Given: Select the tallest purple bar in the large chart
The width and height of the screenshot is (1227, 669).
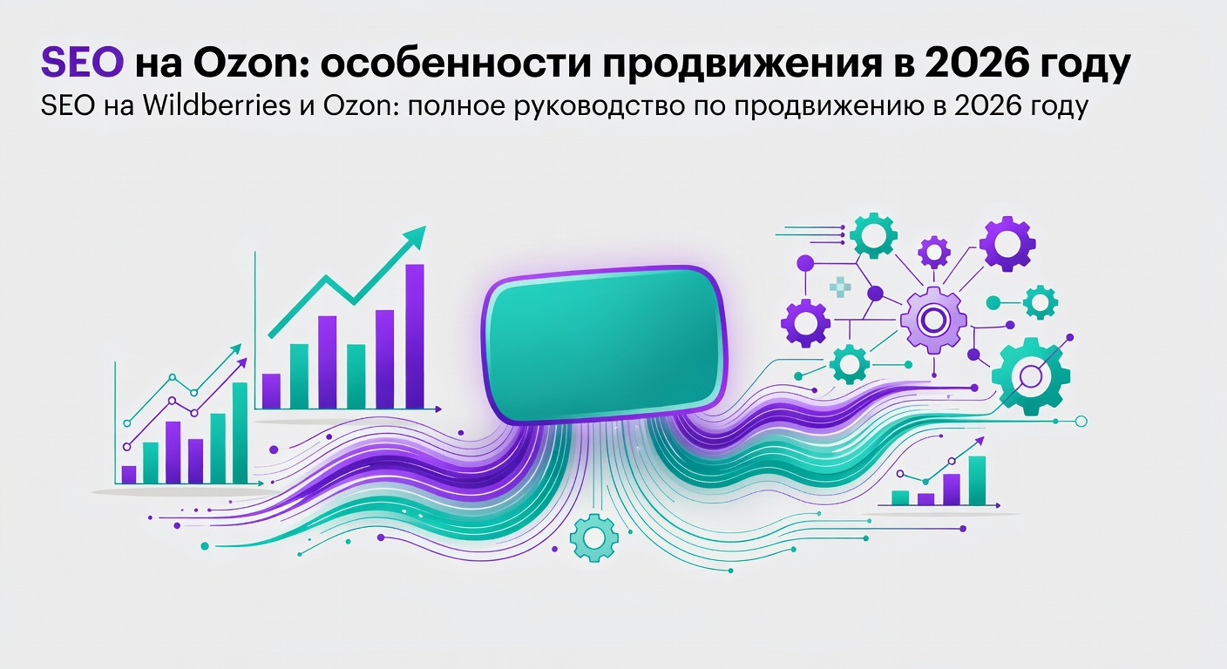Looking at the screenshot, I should [415, 335].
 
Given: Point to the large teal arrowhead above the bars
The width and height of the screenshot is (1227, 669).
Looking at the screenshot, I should [413, 236].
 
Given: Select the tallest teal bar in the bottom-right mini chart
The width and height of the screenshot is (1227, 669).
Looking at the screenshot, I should [977, 480].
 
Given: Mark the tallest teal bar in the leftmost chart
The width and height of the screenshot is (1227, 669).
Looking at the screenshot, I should [240, 432].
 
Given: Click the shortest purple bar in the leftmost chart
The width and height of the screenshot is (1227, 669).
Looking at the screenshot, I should [129, 474].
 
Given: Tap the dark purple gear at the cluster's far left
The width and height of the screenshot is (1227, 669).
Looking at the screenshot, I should [805, 322].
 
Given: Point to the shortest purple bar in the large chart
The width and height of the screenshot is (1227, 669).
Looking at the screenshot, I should [271, 390].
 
